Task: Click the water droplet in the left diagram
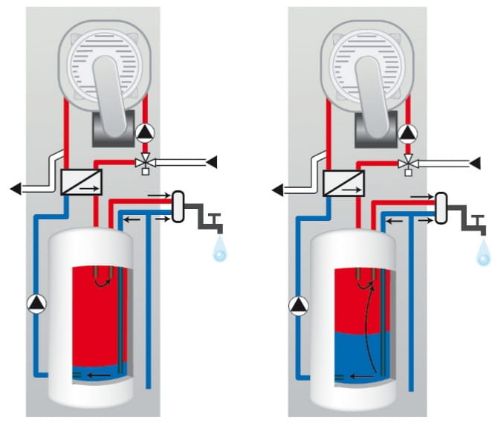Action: point(221,253)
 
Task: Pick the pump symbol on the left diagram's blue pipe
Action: point(36,303)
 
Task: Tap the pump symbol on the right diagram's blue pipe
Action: point(299,303)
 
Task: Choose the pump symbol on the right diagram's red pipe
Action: point(407,133)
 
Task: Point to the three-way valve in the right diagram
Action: point(407,163)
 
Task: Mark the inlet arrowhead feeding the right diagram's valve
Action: point(475,161)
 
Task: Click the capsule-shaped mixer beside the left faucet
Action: point(179,207)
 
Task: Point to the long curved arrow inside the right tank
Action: point(366,320)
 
